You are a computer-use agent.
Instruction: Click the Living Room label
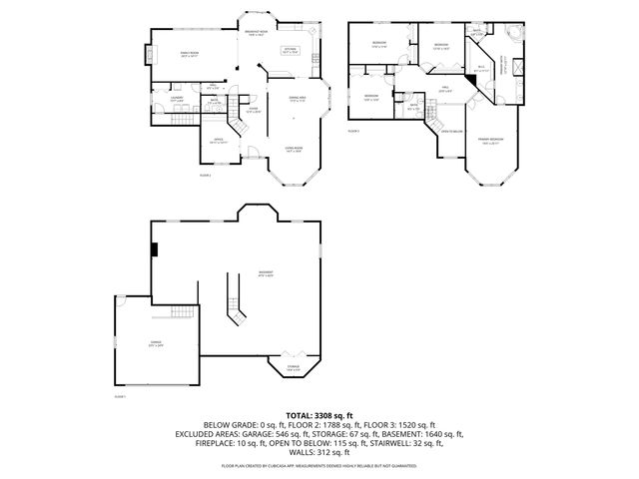point(295,152)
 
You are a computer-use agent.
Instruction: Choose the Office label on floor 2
point(218,141)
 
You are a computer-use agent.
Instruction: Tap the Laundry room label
point(177,99)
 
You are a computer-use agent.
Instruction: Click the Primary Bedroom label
point(490,140)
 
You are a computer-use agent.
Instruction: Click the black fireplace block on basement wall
point(154,249)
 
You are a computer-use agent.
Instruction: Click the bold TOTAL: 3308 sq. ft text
point(319,414)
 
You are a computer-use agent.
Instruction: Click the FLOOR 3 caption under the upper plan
point(354,131)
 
